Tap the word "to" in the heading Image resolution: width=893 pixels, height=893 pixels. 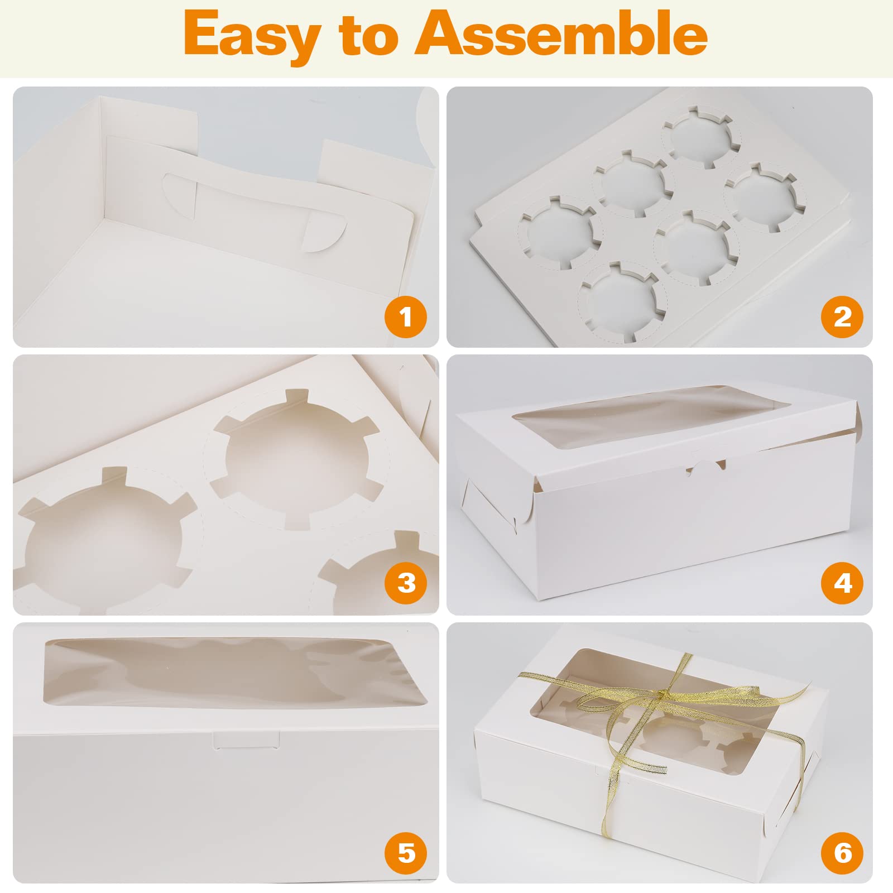click(366, 35)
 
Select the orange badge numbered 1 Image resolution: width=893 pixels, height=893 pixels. click(406, 318)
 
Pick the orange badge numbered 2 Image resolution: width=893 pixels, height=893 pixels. click(842, 318)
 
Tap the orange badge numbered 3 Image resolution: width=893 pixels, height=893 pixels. click(406, 583)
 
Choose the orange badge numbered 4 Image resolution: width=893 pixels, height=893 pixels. click(842, 583)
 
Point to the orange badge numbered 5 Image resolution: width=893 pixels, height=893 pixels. click(406, 853)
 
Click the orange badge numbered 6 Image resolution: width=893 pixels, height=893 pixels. click(842, 853)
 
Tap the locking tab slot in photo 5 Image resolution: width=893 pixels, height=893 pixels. click(246, 740)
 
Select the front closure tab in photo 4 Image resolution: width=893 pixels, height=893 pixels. click(707, 467)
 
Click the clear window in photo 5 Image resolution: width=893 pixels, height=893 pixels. click(229, 673)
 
